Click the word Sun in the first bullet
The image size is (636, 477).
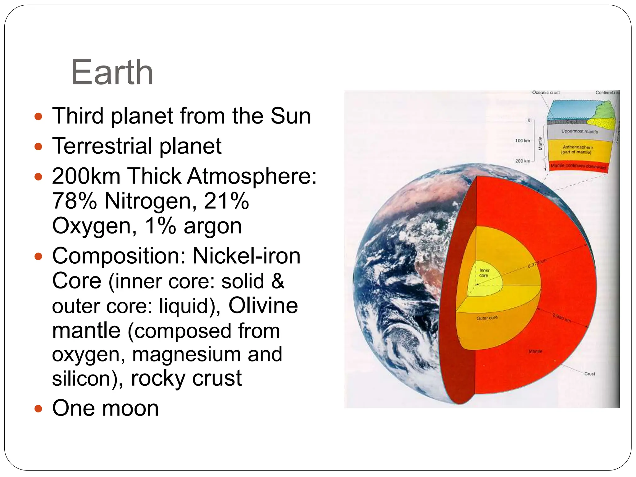[290, 116]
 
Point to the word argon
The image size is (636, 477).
[213, 226]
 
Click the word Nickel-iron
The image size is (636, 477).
[247, 256]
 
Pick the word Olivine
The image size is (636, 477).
[263, 306]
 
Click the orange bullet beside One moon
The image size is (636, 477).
[38, 408]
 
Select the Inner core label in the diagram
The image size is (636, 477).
[484, 273]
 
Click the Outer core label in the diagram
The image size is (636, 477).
[487, 318]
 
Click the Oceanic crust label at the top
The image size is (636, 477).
[546, 93]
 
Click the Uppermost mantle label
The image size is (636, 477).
[579, 131]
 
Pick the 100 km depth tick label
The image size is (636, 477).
[522, 141]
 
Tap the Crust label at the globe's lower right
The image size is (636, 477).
[589, 374]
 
